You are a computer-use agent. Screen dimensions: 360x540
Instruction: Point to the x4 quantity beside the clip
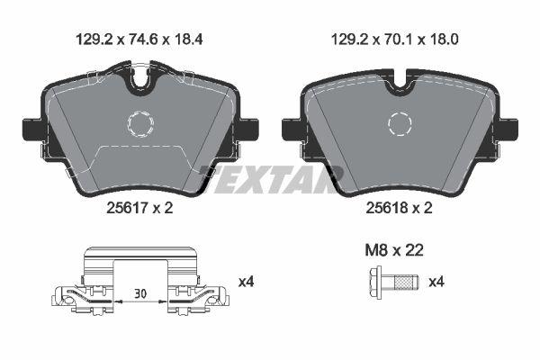[246, 282]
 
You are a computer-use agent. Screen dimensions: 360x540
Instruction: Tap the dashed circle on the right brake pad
[401, 123]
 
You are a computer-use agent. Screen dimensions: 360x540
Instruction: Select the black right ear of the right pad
[514, 128]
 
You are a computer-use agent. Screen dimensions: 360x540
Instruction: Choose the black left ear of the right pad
[292, 128]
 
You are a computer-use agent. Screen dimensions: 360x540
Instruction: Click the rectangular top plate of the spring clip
[139, 261]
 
